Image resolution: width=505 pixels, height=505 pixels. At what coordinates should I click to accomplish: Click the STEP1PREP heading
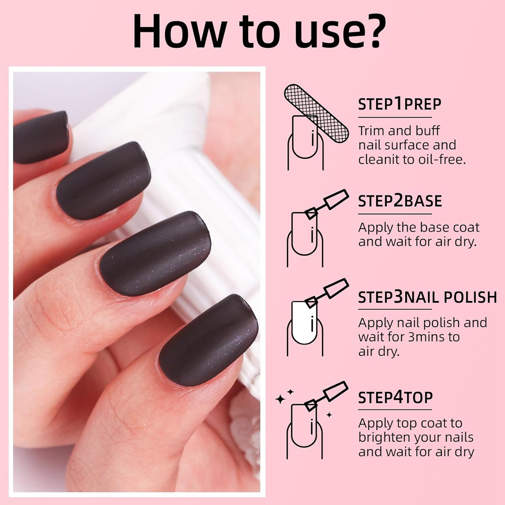click(399, 104)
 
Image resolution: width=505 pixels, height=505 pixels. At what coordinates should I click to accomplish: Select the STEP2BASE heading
click(400, 201)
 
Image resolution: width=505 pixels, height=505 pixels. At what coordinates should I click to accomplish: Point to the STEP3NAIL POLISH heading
click(427, 297)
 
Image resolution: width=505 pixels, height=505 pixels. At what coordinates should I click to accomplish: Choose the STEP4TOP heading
click(395, 397)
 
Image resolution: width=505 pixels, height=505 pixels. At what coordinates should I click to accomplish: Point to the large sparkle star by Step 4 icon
click(280, 399)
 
